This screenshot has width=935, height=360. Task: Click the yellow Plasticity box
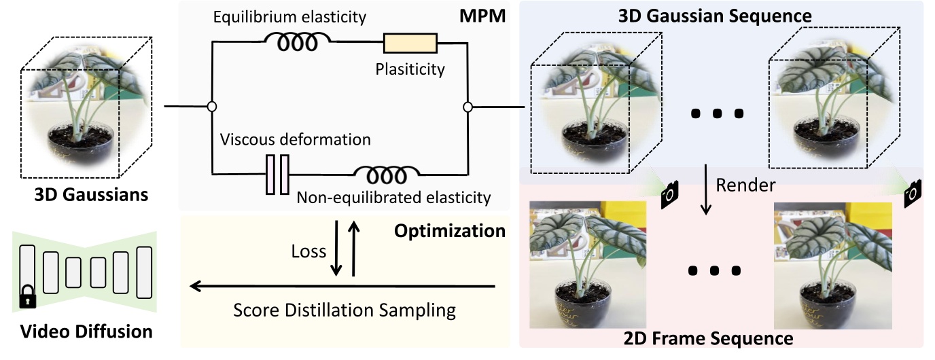(410, 43)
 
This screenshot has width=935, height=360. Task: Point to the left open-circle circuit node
(212, 107)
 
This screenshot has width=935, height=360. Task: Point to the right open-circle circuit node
(467, 107)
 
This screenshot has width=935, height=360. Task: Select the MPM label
(487, 15)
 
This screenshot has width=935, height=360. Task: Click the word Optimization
(451, 231)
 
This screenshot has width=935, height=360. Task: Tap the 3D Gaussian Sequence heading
(724, 14)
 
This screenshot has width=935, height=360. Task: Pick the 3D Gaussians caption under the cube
(91, 195)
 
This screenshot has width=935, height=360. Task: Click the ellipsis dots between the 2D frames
(714, 270)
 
